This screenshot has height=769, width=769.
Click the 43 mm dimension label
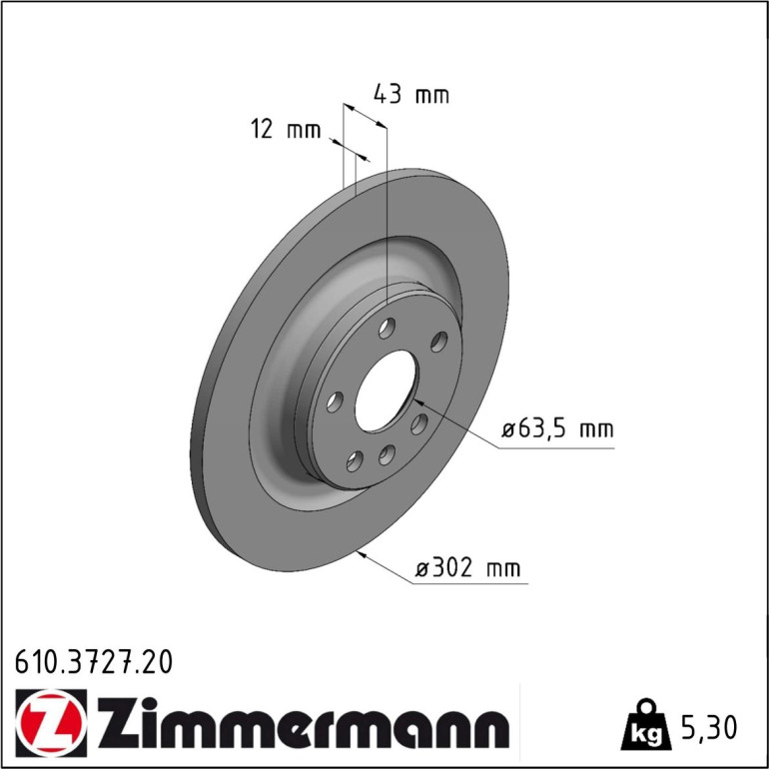[411, 94]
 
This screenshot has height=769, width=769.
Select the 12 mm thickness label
[286, 130]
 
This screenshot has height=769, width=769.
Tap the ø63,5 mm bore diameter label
[557, 429]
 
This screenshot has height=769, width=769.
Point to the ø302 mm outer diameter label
[467, 568]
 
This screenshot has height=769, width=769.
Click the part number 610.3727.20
[94, 662]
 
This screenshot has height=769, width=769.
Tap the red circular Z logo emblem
[51, 723]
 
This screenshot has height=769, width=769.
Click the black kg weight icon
[646, 725]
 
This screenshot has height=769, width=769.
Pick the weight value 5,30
[709, 727]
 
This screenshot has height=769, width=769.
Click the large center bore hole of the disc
[385, 390]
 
